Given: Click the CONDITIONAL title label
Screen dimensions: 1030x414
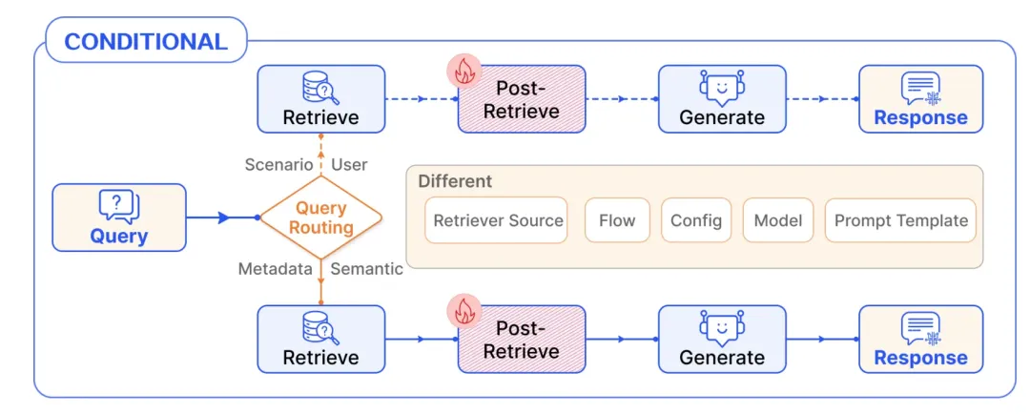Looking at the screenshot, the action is (146, 41).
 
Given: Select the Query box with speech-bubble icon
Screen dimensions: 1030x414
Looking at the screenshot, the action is (119, 217).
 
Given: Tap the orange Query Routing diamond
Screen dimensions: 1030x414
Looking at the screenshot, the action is (320, 217).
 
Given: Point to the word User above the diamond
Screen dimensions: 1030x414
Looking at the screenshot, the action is (349, 164).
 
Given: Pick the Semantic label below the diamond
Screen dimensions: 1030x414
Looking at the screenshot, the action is (366, 269).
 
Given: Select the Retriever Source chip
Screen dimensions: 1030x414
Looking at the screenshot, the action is (496, 220).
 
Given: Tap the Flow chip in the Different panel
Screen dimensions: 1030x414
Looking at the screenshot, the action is (617, 220).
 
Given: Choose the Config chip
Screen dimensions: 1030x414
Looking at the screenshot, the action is (696, 220).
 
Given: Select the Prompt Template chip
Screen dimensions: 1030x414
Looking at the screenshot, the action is (900, 220).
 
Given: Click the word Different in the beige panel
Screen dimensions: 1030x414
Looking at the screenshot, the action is (455, 181).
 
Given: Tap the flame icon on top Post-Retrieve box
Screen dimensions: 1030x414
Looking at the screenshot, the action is (463, 73).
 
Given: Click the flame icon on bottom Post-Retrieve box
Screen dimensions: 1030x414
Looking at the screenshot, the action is (463, 312).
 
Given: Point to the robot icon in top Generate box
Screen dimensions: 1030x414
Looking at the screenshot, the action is (721, 89).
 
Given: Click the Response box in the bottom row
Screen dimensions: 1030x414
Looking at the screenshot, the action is (921, 339).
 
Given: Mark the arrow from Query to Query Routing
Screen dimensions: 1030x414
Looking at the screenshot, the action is (223, 217).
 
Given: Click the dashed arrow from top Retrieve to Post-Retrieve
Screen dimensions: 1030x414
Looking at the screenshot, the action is (422, 99).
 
